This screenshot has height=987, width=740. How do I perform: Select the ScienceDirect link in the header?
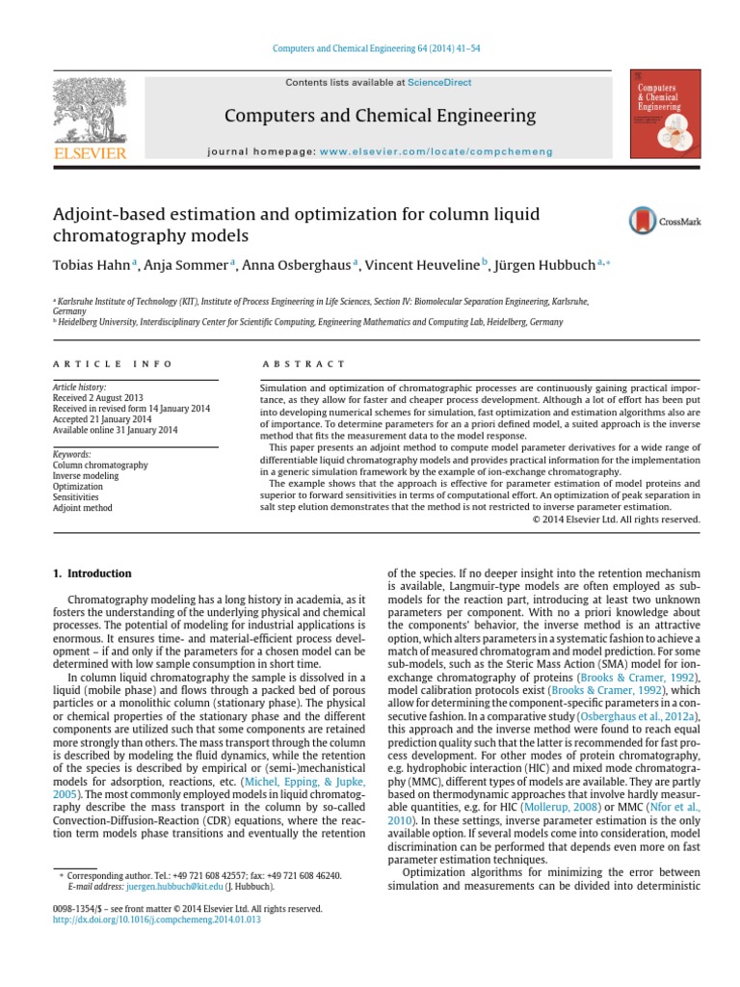[439, 83]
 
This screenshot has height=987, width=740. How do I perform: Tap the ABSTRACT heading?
[303, 363]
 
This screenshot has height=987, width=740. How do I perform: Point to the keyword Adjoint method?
[82, 508]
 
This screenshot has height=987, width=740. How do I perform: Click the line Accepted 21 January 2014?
[103, 419]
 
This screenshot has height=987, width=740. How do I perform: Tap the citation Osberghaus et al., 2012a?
[636, 718]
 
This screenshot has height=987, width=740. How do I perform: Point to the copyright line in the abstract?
[617, 520]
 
